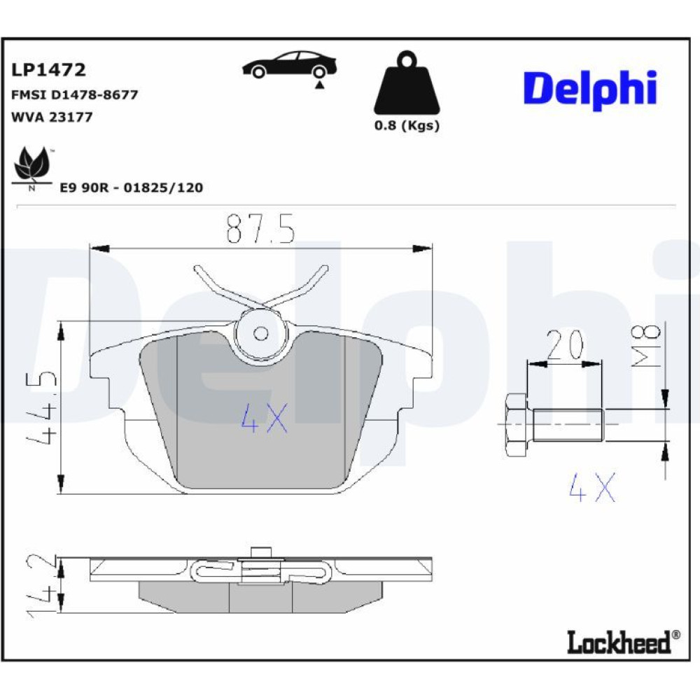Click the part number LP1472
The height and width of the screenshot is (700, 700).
click(x=48, y=69)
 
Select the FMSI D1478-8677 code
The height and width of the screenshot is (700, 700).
click(x=75, y=94)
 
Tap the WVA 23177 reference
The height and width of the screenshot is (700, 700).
click(x=52, y=117)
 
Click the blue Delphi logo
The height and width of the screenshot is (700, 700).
click(x=590, y=90)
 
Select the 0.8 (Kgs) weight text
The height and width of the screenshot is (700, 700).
click(x=407, y=125)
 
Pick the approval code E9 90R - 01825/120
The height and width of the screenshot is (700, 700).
click(x=132, y=188)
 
